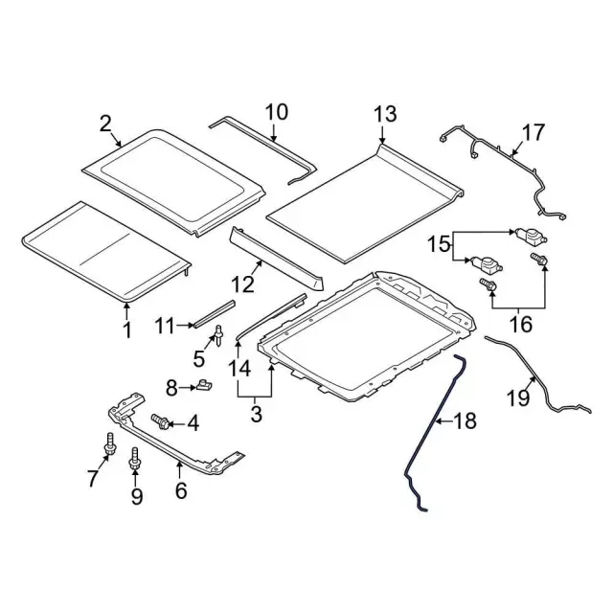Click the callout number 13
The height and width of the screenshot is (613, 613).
[x=385, y=114]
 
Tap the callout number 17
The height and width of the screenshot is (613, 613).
[x=534, y=132]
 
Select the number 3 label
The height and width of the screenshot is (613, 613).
[x=256, y=414]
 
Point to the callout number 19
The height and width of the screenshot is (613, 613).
[x=518, y=398]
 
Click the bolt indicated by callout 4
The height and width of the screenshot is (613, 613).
[x=160, y=421]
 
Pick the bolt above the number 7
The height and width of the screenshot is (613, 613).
[x=110, y=444]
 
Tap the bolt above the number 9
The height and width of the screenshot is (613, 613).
[x=134, y=459]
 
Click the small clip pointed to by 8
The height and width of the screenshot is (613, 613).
[x=204, y=385]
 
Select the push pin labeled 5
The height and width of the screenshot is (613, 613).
[x=218, y=335]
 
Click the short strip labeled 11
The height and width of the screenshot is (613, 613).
[x=215, y=313]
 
